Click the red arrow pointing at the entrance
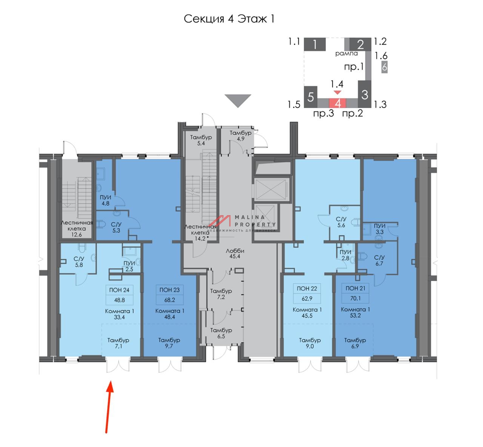108,407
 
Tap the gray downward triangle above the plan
238,101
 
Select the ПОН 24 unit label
119,290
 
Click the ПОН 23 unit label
169,290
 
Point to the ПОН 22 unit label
307,288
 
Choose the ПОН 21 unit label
355,288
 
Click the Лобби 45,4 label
235,253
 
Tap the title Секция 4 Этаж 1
229,19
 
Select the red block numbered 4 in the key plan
338,103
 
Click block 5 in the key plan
311,97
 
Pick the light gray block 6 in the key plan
384,67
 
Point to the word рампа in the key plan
346,53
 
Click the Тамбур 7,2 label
221,294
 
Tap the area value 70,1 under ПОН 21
355,298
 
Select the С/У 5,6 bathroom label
341,222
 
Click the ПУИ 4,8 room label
105,200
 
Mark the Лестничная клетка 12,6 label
77,228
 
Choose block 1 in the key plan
315,45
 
